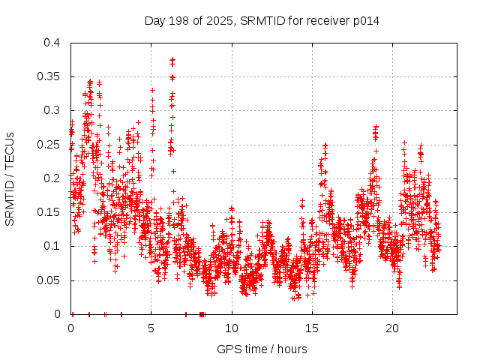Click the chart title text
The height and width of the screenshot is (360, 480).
[262, 20]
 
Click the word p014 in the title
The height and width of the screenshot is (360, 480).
[366, 20]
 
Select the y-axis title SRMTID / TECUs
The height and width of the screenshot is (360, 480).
[10, 178]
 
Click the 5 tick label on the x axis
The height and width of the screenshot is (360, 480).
[151, 328]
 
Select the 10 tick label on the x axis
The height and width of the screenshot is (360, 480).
[232, 328]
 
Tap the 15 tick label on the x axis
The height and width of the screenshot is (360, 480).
[312, 328]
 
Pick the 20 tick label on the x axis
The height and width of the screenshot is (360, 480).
[392, 328]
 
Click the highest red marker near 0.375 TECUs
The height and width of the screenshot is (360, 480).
[172, 59]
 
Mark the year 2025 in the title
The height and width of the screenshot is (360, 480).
[222, 20]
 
